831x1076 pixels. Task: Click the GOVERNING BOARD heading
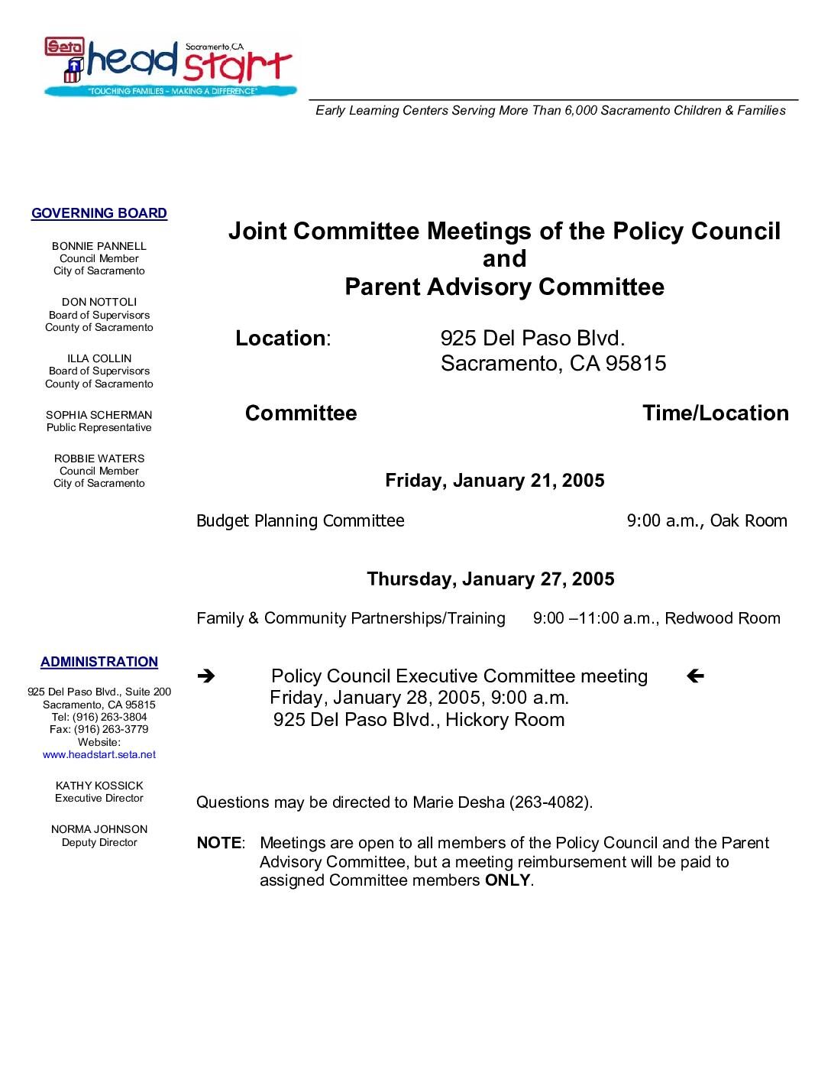99,213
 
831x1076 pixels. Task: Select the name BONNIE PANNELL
99,246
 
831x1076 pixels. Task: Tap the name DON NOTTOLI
99,302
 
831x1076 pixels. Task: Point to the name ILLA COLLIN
99,358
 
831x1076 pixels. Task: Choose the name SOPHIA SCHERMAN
99,415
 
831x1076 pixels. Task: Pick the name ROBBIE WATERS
99,459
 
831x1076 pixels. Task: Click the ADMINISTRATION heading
99,662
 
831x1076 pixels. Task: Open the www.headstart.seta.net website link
99,754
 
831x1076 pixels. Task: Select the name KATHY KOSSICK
99,786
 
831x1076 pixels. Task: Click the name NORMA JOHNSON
99,829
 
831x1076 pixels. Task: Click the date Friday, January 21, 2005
494,481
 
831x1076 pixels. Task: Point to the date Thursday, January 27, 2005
490,579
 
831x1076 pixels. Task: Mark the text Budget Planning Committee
300,521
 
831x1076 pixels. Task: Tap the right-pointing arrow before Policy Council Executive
205,676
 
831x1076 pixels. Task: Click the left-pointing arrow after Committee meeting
695,676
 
